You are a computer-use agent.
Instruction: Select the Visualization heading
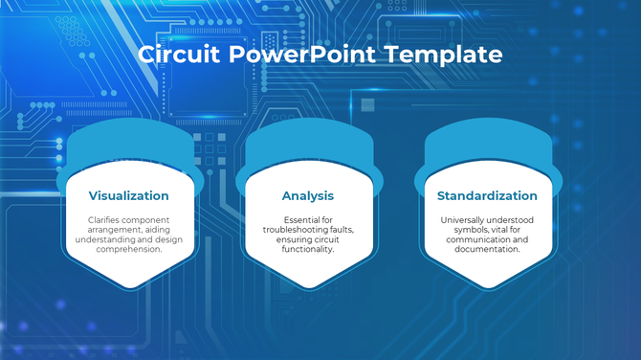click(x=128, y=195)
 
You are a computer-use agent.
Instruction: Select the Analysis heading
click(x=307, y=195)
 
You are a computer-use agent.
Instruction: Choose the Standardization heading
click(x=487, y=195)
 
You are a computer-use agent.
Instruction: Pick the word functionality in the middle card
click(x=307, y=249)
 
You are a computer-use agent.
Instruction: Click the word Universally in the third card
click(x=464, y=219)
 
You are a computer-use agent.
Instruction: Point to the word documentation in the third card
click(x=487, y=249)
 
